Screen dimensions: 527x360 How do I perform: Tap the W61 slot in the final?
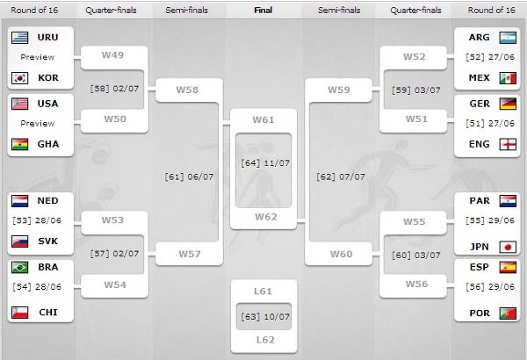point(263,119)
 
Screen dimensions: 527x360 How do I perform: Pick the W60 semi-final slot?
point(339,255)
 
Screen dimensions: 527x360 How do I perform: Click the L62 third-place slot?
point(263,338)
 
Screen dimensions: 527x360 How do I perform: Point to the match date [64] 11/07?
point(263,163)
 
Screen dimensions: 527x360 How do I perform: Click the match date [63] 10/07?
point(263,314)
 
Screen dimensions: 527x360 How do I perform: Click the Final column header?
point(263,11)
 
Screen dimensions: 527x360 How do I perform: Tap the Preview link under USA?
point(38,123)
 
